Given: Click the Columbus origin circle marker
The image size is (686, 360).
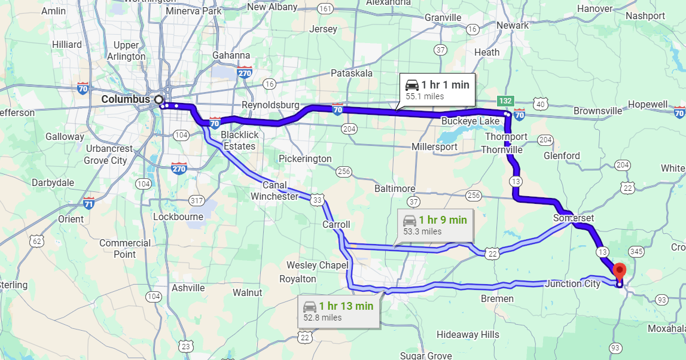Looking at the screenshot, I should [x=158, y=99].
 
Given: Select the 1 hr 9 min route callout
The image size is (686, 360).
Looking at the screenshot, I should [x=435, y=225].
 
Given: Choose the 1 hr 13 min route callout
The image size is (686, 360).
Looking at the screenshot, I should [x=338, y=311].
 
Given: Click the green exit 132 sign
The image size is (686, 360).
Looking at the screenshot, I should [x=505, y=101].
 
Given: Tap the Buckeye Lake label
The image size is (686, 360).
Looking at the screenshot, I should [x=470, y=121].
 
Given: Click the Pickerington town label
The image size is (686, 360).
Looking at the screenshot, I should [x=305, y=158].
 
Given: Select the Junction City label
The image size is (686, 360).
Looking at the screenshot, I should [x=572, y=283].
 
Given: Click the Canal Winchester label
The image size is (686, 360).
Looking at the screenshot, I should [x=275, y=191].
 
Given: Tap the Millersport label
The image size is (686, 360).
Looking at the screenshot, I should [x=435, y=147].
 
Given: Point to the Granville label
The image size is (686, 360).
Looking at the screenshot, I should [x=443, y=17].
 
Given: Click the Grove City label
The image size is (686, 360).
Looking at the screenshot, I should [x=105, y=160].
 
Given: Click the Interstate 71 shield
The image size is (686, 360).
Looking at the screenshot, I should [x=89, y=203].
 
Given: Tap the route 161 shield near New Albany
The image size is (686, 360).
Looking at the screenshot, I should [x=326, y=8].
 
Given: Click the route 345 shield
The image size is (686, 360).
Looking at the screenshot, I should [x=636, y=252].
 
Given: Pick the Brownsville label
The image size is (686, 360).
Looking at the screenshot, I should [x=599, y=111].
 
